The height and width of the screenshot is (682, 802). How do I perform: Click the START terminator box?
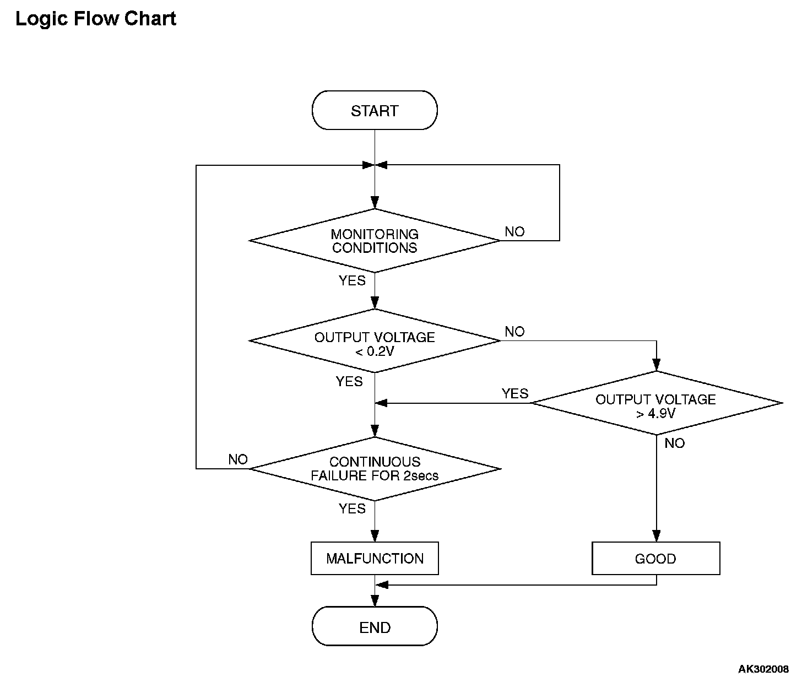375,110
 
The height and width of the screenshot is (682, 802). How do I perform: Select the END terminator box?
375,627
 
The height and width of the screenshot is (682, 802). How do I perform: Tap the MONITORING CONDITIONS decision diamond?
375,241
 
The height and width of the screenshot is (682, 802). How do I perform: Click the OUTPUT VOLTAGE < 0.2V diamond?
375,341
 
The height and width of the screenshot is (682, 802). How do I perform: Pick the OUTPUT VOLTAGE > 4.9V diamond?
656,403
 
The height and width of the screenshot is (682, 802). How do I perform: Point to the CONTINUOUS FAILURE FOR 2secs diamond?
375,469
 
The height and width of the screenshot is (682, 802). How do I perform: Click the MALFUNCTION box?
375,558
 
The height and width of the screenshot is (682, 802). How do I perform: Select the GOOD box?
655,558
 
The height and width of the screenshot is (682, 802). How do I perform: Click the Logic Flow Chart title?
95,19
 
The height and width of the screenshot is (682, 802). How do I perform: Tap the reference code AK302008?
763,669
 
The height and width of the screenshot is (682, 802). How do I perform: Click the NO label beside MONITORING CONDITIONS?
514,232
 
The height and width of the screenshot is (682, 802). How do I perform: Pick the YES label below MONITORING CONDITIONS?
352,280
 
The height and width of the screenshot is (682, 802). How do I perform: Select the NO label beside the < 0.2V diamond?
514,332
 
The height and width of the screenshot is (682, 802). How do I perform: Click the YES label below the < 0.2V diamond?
349,382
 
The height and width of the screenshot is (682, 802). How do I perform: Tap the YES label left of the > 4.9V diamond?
515,393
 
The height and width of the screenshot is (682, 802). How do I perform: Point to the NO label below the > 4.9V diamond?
674,443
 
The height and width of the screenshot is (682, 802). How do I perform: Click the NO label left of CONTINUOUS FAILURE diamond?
238,459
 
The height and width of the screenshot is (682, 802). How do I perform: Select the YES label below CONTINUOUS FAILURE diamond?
352,508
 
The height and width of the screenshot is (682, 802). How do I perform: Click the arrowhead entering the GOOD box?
656,535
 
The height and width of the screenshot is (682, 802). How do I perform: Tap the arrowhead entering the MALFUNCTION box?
375,535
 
